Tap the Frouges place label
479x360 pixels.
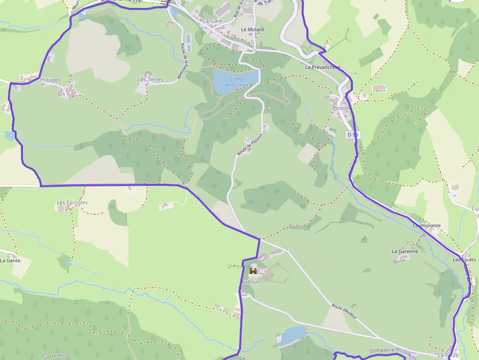(x=50, y=80)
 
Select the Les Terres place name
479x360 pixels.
(x=151, y=79)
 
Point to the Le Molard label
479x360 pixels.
(x=252, y=30)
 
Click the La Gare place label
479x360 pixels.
(x=213, y=21)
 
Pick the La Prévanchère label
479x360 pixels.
(x=322, y=67)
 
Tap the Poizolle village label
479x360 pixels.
(x=341, y=108)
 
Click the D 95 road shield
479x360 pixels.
(x=352, y=134)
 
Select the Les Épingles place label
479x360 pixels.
(x=72, y=202)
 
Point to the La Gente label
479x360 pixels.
(x=10, y=261)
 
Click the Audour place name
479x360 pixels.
(x=250, y=281)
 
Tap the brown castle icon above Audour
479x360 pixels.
(x=253, y=271)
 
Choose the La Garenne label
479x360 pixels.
(x=405, y=252)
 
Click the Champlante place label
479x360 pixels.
(x=427, y=226)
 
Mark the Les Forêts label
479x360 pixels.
(x=464, y=260)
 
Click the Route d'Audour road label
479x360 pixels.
(x=344, y=311)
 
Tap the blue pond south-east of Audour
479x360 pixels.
(x=292, y=335)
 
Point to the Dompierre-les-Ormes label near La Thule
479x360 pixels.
(x=393, y=351)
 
